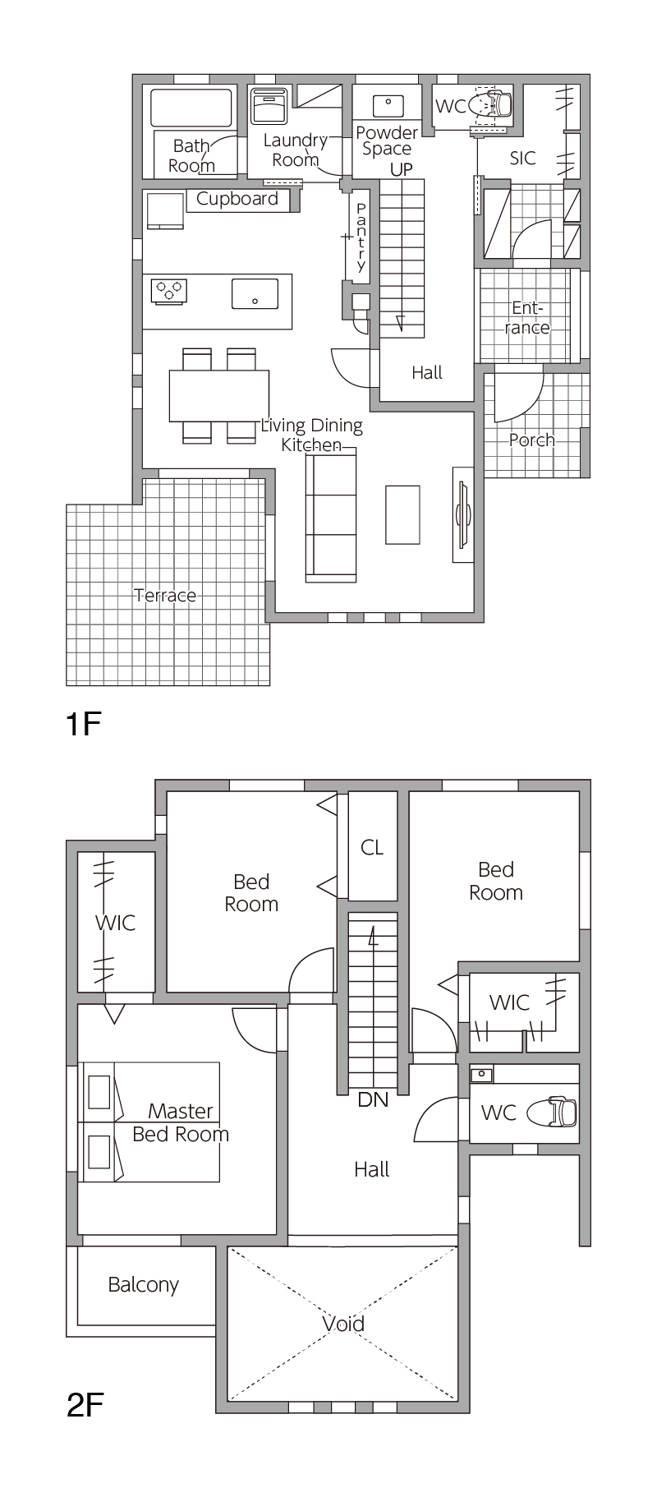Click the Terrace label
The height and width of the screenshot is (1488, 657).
165,595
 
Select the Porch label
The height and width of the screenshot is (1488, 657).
531,440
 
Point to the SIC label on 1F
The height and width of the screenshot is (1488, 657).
523,158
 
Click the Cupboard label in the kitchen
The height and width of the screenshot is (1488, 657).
237,199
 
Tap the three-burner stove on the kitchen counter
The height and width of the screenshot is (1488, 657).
169,290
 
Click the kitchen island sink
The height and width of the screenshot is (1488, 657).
255,293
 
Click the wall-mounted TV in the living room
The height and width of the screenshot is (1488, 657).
463,515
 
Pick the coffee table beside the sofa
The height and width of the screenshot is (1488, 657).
402,514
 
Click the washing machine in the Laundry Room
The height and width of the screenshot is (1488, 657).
269,107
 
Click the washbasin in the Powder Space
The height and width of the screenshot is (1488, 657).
388,106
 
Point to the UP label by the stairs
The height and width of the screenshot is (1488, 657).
402,170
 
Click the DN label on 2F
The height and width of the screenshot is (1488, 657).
373,1099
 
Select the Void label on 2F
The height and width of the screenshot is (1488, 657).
343,1324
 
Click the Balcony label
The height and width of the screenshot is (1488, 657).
144,1285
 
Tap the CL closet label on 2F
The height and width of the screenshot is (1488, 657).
372,847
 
